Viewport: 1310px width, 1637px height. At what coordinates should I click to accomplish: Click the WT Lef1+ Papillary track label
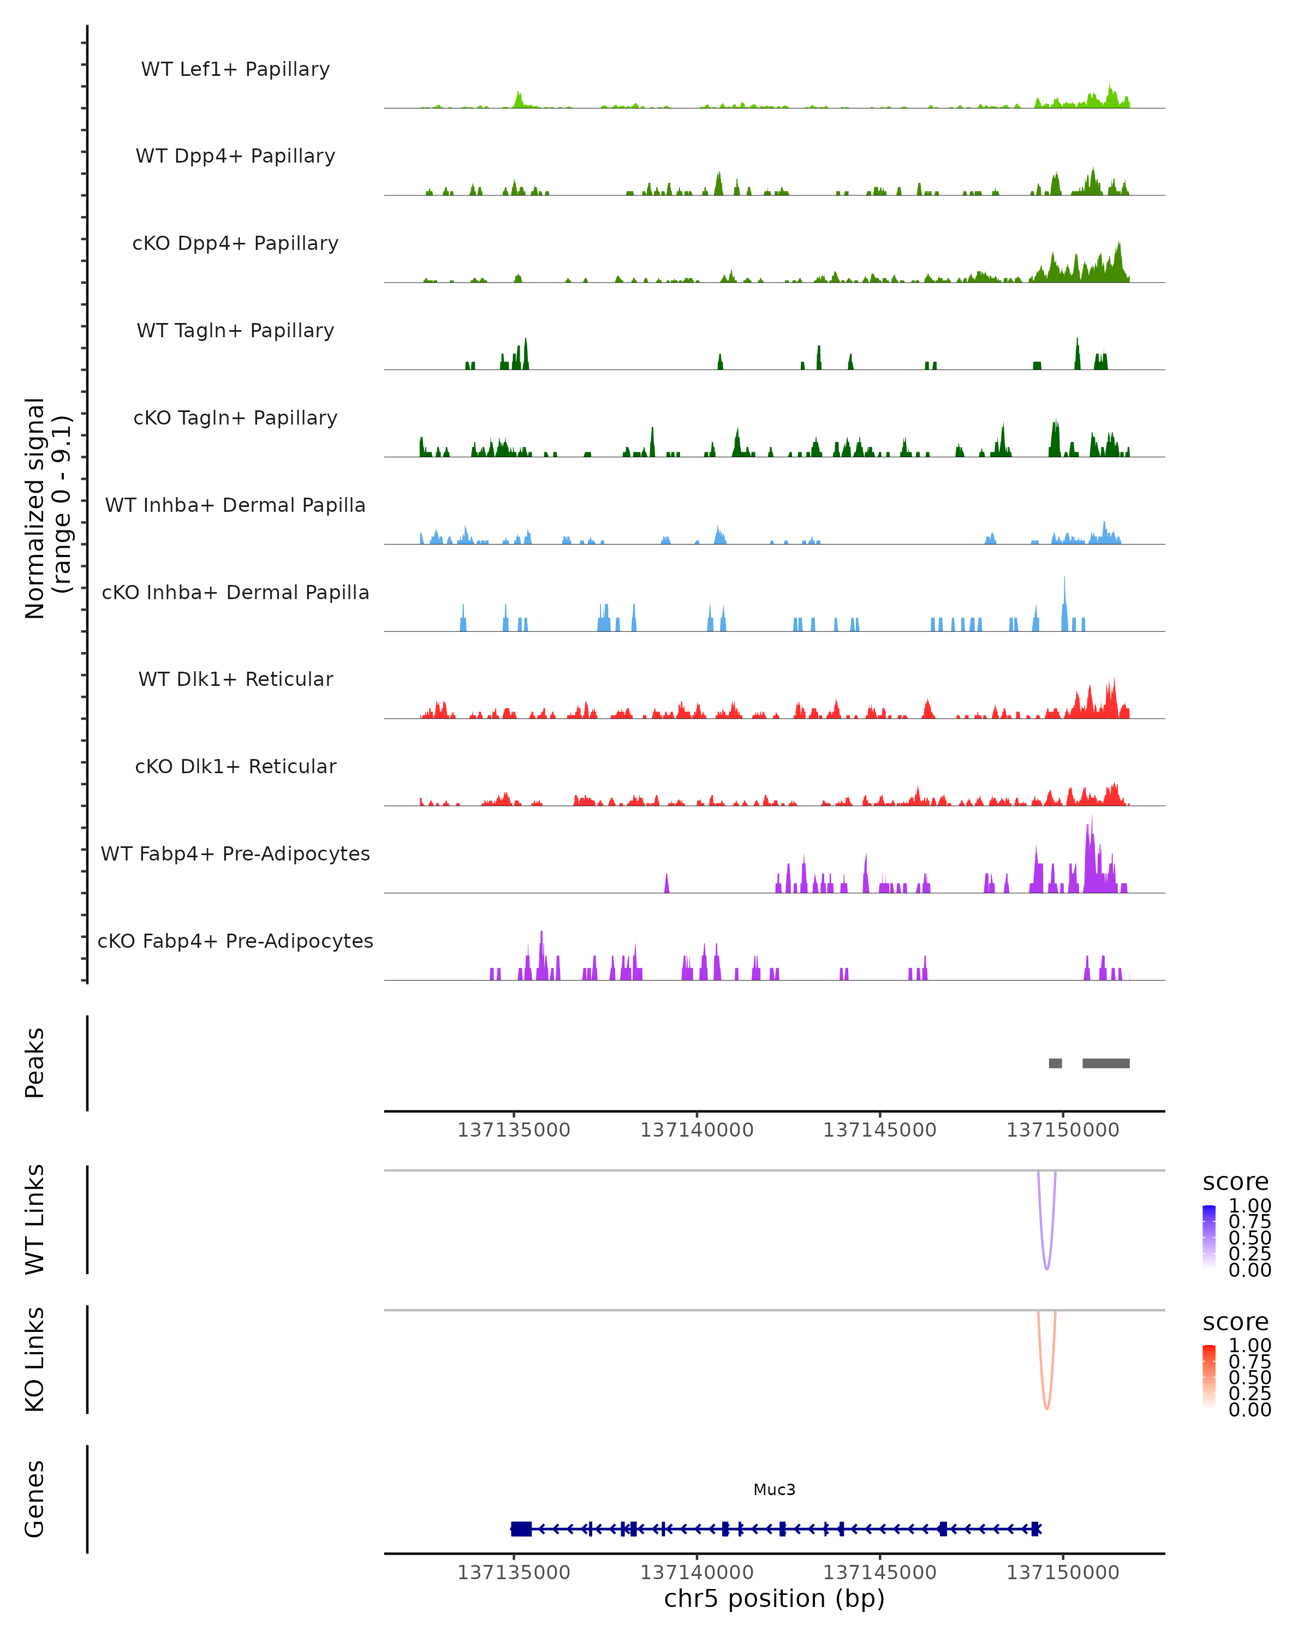[x=235, y=69]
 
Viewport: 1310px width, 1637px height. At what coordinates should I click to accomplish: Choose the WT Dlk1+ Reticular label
[x=235, y=679]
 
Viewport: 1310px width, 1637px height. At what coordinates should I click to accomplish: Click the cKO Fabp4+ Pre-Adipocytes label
[x=235, y=941]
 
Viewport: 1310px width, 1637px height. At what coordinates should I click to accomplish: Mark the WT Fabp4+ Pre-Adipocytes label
[x=235, y=853]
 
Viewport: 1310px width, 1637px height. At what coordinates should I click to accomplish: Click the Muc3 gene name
[x=774, y=1489]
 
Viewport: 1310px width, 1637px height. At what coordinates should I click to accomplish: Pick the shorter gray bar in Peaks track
[x=1055, y=1063]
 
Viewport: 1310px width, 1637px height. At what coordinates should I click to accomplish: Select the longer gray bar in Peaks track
[x=1106, y=1063]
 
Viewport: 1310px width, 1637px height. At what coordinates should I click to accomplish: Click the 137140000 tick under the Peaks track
[x=696, y=1130]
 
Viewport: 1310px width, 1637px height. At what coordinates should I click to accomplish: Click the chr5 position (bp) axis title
[x=774, y=1598]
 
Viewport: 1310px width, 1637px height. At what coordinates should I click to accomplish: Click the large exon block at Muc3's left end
[x=521, y=1528]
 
